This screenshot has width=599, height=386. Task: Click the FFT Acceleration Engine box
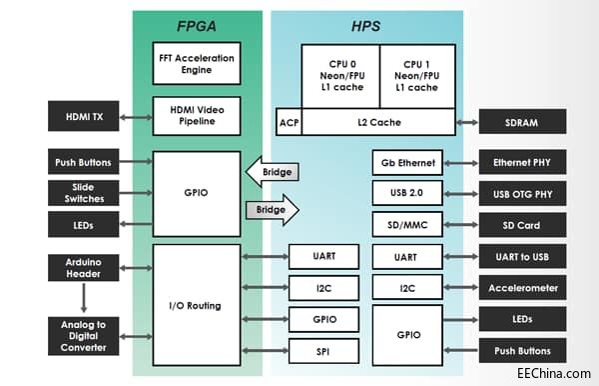click(197, 62)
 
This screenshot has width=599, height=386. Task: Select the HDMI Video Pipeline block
click(197, 116)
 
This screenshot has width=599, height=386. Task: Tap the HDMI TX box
click(84, 116)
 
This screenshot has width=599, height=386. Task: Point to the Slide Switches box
click(84, 193)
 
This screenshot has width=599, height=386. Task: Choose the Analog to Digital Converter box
click(84, 334)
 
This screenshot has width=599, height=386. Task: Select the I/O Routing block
click(197, 304)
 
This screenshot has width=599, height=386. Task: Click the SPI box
click(323, 351)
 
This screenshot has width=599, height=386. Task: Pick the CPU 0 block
click(339, 75)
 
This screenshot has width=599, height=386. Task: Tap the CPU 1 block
click(416, 75)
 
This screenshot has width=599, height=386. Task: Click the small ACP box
click(289, 122)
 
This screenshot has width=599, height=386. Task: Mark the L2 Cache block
click(377, 122)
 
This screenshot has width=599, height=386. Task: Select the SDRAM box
click(522, 122)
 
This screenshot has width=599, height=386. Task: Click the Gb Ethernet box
click(406, 163)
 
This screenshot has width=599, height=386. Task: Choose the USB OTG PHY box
click(522, 193)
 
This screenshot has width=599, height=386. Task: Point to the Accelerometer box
click(522, 288)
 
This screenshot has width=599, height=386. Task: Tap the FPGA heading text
click(197, 24)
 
